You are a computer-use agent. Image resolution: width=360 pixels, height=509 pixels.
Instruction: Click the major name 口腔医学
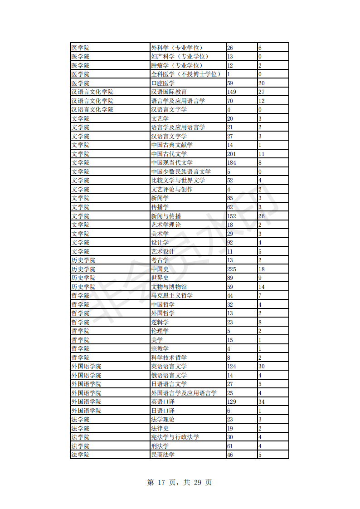point(163,83)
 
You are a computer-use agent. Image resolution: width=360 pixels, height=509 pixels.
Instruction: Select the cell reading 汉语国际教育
point(169,92)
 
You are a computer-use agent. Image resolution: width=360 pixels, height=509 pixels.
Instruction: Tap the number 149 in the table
point(232,92)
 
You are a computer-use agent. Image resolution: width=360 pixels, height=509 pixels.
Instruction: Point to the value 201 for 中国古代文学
point(232,154)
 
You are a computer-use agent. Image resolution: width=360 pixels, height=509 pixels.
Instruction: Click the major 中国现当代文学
point(172,163)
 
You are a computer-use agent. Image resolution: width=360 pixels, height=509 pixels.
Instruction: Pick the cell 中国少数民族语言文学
point(181,171)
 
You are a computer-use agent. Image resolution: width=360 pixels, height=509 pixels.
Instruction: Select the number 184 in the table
point(232,163)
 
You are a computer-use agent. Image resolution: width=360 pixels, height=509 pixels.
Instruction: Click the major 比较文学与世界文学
point(178,181)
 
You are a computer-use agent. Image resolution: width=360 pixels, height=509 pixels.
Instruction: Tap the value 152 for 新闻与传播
point(232,216)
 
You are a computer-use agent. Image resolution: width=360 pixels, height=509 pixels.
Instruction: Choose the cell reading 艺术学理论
point(166,225)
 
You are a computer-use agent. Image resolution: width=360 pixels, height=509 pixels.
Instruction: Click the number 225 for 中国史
point(232,269)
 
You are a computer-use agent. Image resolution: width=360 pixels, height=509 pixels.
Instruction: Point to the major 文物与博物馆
point(169,287)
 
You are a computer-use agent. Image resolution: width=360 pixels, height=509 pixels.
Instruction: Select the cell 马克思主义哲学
point(172,295)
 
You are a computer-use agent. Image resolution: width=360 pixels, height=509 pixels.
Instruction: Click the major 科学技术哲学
point(169,357)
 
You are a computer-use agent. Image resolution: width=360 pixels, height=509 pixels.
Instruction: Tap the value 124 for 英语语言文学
point(232,366)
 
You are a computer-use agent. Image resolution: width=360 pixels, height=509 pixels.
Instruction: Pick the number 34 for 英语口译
point(261,402)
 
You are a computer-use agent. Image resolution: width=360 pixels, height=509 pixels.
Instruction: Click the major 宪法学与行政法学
point(175,437)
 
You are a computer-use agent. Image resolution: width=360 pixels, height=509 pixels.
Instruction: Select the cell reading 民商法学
point(163,455)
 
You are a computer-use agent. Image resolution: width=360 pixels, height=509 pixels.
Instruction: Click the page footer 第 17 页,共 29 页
point(180,482)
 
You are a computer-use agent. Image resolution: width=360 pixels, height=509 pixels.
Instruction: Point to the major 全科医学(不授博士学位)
point(186,74)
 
